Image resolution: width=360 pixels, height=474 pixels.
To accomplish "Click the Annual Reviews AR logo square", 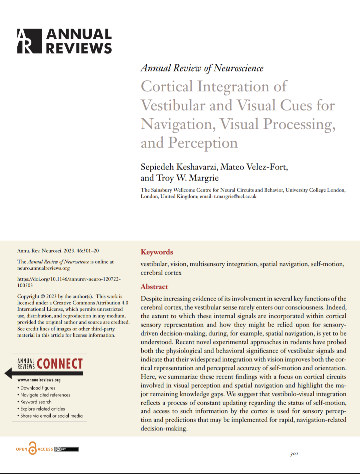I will [x=30, y=41].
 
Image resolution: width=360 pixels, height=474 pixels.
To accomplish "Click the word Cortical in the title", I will [x=167, y=86].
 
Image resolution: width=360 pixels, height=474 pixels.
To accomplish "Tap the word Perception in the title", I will [x=203, y=143].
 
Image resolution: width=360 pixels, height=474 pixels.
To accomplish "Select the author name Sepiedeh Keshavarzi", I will [x=178, y=167].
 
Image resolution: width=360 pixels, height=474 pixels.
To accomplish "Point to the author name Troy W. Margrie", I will [x=187, y=178].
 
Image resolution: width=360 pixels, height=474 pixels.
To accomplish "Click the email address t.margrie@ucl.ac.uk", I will [x=235, y=196].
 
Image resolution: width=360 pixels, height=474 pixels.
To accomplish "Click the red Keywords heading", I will [x=157, y=252].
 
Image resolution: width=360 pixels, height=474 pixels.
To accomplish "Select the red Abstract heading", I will [x=154, y=287].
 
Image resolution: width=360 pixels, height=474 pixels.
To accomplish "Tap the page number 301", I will [x=294, y=454].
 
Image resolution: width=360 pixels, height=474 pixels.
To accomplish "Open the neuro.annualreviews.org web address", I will [x=43, y=268].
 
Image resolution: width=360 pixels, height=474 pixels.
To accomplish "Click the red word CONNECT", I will [x=60, y=364].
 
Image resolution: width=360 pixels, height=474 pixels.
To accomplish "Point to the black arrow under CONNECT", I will [x=43, y=373].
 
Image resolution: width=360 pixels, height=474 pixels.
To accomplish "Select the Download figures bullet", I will [x=38, y=388].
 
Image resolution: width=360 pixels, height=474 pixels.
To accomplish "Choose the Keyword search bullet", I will [x=36, y=402].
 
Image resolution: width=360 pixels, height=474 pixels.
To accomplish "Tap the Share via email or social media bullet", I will [x=51, y=416].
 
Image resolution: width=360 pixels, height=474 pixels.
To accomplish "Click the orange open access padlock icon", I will [x=32, y=449].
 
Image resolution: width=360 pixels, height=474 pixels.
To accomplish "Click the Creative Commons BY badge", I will [x=66, y=449].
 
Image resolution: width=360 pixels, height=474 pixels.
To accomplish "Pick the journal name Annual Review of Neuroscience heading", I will [x=202, y=68].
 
